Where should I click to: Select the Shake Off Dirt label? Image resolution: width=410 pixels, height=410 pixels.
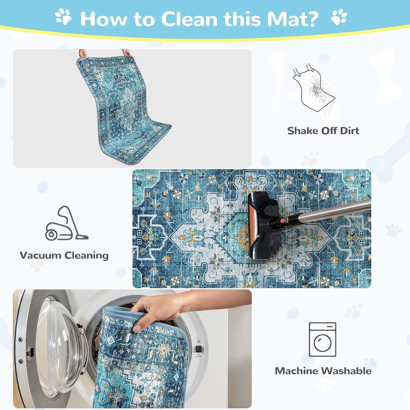point(323,131)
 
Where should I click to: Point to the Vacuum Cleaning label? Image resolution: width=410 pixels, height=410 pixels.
point(64,255)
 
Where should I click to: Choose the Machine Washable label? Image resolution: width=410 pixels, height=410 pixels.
point(323,371)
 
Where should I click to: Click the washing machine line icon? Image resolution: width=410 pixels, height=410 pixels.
point(323,339)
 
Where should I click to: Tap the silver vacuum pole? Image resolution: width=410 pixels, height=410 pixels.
point(326,211)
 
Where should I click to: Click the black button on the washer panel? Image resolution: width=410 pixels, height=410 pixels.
point(199,349)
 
